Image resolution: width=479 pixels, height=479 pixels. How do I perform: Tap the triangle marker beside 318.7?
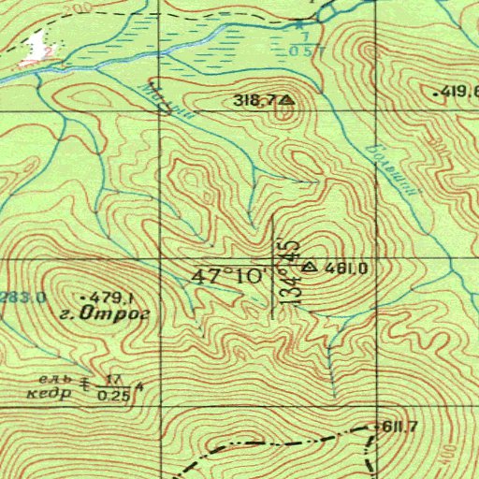(284, 98)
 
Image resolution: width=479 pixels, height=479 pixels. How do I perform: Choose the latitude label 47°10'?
(228, 277)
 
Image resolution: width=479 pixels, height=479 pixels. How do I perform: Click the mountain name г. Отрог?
(116, 313)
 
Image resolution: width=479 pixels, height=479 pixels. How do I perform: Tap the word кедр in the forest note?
(54, 394)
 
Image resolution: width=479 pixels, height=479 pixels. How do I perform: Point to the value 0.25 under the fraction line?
(114, 396)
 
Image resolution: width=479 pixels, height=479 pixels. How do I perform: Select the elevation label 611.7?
(399, 427)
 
